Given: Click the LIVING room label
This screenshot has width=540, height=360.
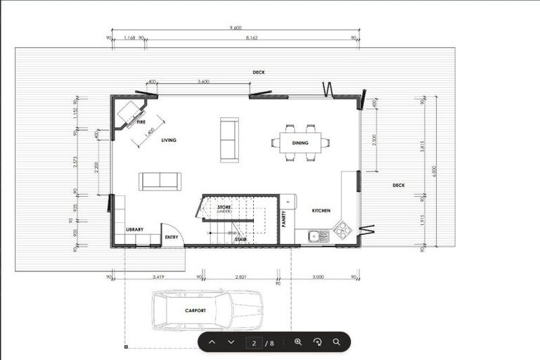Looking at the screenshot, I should [169, 141].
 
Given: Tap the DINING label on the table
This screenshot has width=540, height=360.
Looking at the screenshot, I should [300, 143].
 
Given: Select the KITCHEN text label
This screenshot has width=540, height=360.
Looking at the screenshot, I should [321, 211].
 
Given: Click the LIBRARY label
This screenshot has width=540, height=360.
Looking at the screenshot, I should [135, 230].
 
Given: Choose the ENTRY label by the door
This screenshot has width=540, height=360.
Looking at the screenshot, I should [172, 238].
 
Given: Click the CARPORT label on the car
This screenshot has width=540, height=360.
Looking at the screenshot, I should [195, 310].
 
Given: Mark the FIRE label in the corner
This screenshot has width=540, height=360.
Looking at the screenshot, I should [141, 122].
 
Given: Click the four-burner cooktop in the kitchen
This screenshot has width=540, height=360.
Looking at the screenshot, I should [342, 230].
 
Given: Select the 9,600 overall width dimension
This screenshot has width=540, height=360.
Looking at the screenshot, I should [236, 27].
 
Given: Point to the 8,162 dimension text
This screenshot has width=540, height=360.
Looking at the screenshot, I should [251, 38].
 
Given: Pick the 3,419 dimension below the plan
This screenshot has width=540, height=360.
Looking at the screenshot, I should [157, 278].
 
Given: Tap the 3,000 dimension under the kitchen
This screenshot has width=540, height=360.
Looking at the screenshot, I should [319, 278].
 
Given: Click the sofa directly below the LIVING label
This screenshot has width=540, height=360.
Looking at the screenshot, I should [160, 181].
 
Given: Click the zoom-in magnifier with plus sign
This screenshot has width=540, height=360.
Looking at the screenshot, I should [298, 342].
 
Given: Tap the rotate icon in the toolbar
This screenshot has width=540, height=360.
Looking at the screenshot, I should [317, 342].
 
